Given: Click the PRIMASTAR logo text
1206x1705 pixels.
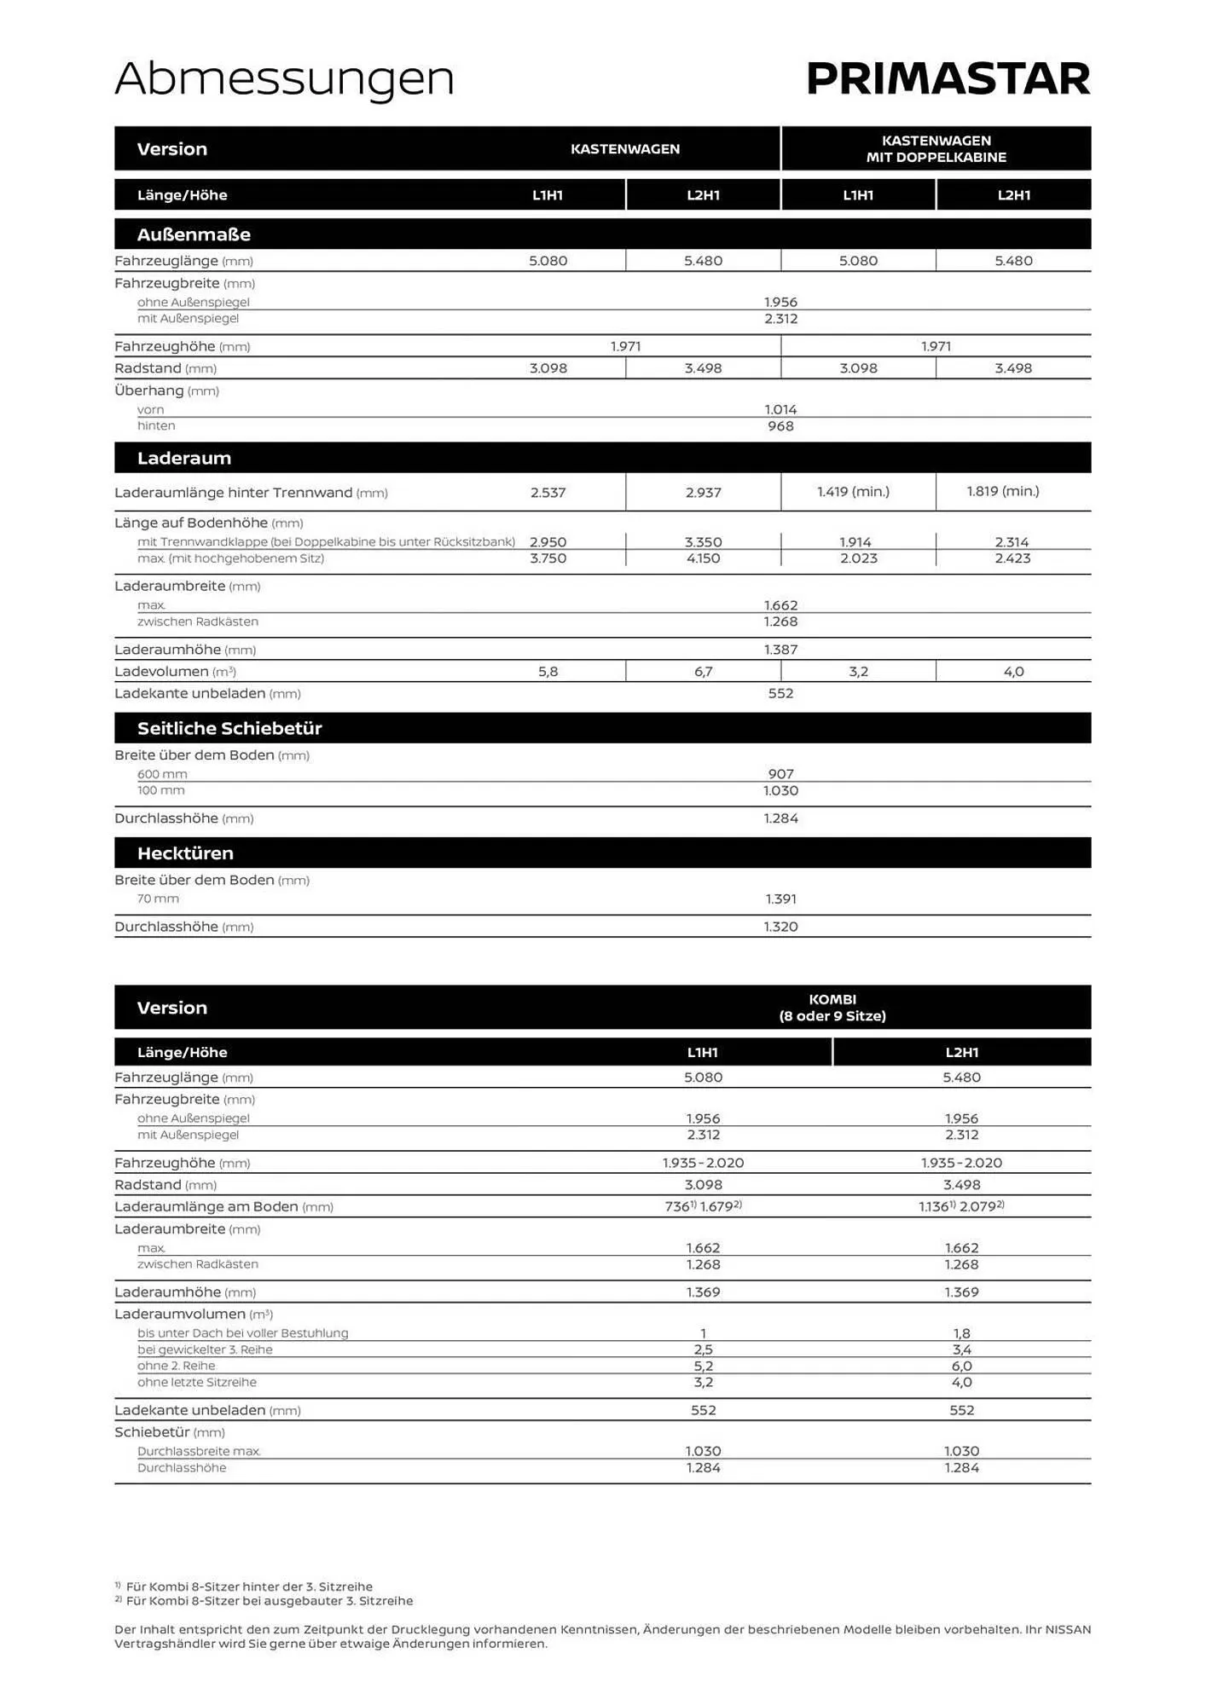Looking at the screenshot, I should [x=948, y=79].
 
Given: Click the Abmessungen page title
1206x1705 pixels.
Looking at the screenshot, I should [x=284, y=79].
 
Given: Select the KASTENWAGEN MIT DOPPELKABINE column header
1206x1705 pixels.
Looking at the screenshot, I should [x=936, y=149].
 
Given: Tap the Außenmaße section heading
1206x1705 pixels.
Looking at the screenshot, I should [x=194, y=234].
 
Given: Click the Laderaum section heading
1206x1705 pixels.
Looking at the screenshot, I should [x=184, y=458].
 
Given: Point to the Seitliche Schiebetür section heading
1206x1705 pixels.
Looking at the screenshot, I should [x=229, y=728].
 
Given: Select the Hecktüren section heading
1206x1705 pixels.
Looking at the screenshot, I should [x=185, y=853].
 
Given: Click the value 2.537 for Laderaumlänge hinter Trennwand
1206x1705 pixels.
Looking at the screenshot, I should [x=548, y=493].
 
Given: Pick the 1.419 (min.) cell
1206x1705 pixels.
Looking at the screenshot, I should [x=853, y=491].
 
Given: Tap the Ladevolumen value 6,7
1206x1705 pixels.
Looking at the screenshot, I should [x=703, y=672].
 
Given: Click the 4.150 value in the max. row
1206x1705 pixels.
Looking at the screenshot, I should [x=703, y=558].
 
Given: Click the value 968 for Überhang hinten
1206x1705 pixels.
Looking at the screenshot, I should [x=780, y=426].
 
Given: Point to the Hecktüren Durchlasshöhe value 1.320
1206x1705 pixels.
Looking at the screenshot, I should [x=780, y=927].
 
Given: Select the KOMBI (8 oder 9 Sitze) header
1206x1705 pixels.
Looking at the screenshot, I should [x=832, y=1008].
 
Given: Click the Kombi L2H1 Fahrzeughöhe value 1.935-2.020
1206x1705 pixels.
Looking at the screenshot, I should [x=961, y=1163].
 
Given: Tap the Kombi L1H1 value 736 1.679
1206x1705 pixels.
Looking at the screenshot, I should [x=703, y=1206].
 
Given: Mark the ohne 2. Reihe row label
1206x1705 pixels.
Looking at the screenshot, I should [x=177, y=1366].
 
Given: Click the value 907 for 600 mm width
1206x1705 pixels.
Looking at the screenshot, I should [x=780, y=774].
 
